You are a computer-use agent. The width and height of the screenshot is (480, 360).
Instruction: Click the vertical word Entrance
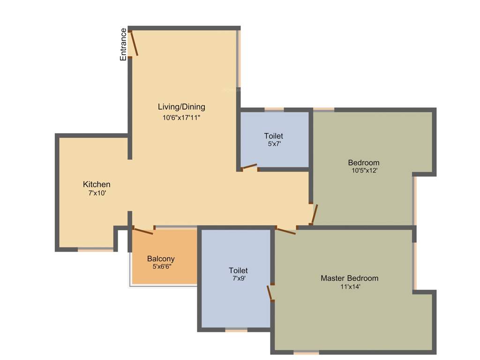pos(123,45)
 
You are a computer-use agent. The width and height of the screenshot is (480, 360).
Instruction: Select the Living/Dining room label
pos(181,107)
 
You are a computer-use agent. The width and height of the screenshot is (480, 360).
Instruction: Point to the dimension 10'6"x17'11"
pos(181,118)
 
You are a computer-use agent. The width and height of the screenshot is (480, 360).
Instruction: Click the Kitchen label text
pos(97,184)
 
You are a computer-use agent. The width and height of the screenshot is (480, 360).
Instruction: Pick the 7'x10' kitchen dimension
pos(97,193)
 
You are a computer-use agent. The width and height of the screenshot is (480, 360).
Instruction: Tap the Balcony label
pos(161,259)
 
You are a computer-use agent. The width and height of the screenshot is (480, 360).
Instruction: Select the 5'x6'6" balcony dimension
pos(162,266)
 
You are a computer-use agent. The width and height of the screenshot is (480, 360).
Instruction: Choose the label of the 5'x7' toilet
pos(273,136)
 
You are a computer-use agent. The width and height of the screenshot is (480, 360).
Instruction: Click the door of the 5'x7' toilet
pos(249,166)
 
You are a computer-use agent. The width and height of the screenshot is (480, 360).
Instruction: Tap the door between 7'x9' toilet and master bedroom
pos(270,292)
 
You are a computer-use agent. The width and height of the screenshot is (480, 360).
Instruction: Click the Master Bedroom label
pos(349,278)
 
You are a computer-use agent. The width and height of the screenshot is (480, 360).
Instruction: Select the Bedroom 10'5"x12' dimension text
pos(364,171)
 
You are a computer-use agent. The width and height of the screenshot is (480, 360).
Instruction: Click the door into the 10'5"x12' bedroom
pos(315,214)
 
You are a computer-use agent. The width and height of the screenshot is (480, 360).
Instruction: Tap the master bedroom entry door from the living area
pos(285,230)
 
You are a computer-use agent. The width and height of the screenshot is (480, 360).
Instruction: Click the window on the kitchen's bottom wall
pos(96,250)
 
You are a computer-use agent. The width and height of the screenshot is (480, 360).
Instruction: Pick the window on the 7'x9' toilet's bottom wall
pos(236,330)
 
